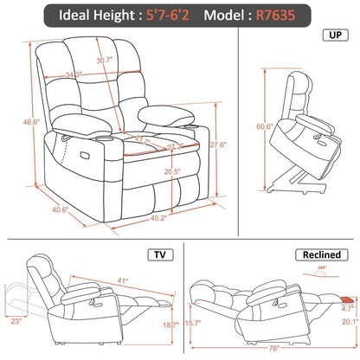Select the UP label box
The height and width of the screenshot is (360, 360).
(x=333, y=37)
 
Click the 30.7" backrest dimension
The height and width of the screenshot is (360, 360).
(x=106, y=60)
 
